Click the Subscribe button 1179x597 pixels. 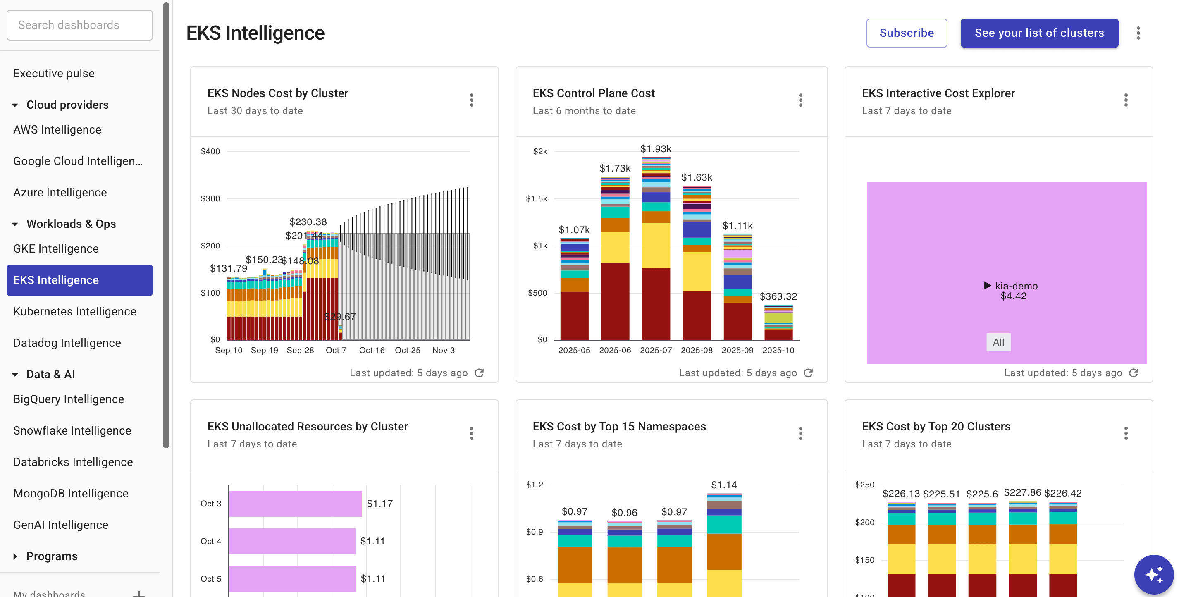point(906,33)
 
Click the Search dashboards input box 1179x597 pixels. point(80,25)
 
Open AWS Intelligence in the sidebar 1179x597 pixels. point(57,129)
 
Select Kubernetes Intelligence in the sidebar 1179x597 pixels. point(74,311)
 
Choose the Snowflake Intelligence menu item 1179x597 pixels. point(72,430)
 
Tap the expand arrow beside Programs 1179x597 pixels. point(15,556)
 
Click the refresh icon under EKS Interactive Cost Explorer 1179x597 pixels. point(1133,373)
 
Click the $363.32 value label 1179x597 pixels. point(778,296)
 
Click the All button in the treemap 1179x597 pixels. point(998,342)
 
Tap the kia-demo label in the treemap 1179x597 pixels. point(1016,286)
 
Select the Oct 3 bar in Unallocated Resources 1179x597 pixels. point(295,504)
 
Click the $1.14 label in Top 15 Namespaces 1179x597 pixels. point(723,485)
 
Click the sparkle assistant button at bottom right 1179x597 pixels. point(1153,574)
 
